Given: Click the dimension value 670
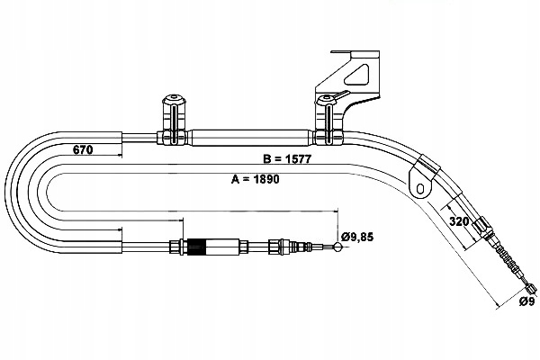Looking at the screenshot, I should pos(83,150).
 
